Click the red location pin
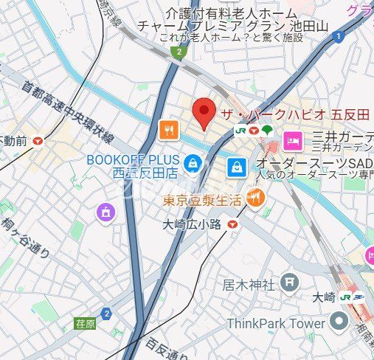[x=204, y=112]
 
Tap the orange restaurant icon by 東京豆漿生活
[x=255, y=197]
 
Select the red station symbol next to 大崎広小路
[x=233, y=224]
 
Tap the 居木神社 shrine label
[x=249, y=284]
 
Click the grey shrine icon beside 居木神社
[x=290, y=281]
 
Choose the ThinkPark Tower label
[x=276, y=323]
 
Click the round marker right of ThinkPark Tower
[x=339, y=321]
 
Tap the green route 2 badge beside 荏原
[x=107, y=314]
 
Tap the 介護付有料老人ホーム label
[x=231, y=13]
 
